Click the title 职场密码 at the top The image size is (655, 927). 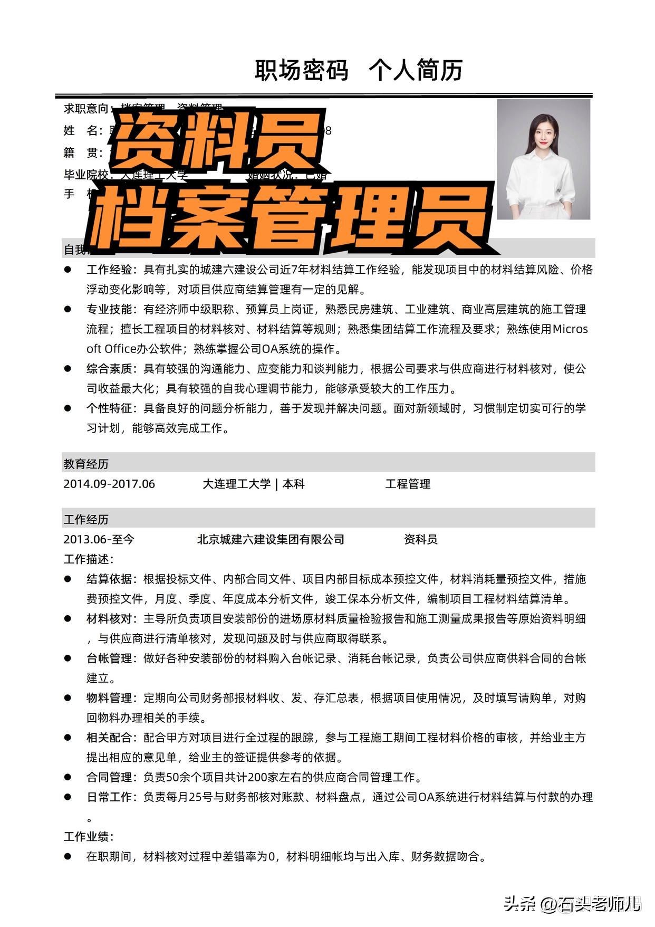coord(301,71)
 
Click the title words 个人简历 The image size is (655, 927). coord(416,71)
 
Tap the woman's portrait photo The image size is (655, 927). coord(543,159)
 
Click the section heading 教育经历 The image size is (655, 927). coord(86,464)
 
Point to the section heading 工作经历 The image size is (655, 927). coord(86,520)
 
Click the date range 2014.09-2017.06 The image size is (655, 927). coord(109,484)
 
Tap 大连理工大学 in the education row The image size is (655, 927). coord(236,484)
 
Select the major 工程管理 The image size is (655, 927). coord(408,484)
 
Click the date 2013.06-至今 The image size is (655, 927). coord(99,539)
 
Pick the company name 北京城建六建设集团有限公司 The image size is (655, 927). coord(271,539)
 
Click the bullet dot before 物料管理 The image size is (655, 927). coord(68,697)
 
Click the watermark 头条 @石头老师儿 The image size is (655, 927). coord(572,903)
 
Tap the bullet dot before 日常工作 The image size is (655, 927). coord(68,797)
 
